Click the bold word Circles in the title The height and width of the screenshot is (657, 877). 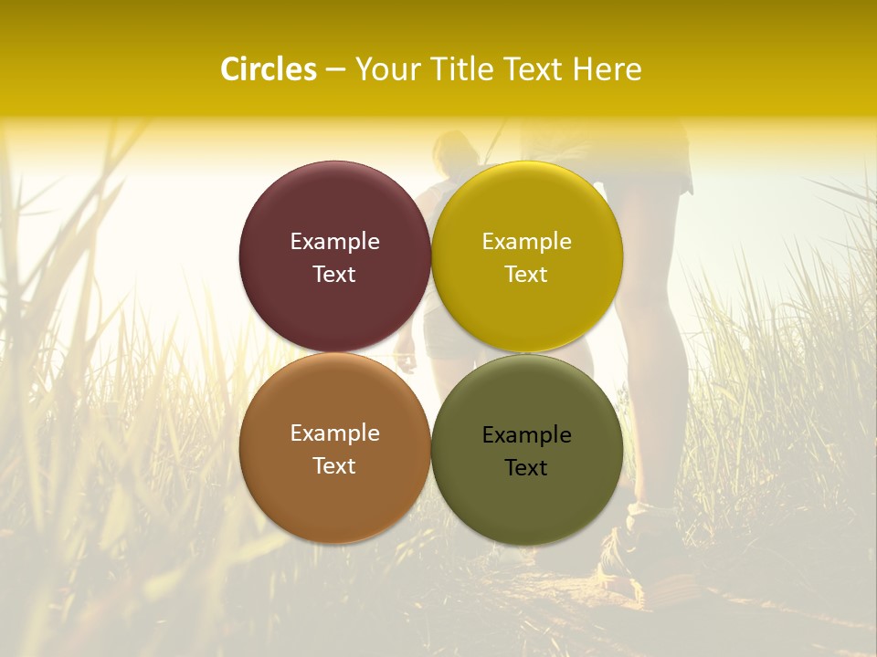269,69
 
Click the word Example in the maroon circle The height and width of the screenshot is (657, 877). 334,241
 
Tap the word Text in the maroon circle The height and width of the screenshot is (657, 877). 334,274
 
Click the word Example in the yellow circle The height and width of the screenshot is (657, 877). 526,241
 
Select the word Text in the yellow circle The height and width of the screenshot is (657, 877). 526,274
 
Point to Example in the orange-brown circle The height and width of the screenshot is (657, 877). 334,433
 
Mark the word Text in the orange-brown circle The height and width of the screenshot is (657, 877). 334,465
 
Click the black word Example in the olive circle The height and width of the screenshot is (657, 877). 526,434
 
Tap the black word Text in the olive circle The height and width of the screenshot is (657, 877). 526,467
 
